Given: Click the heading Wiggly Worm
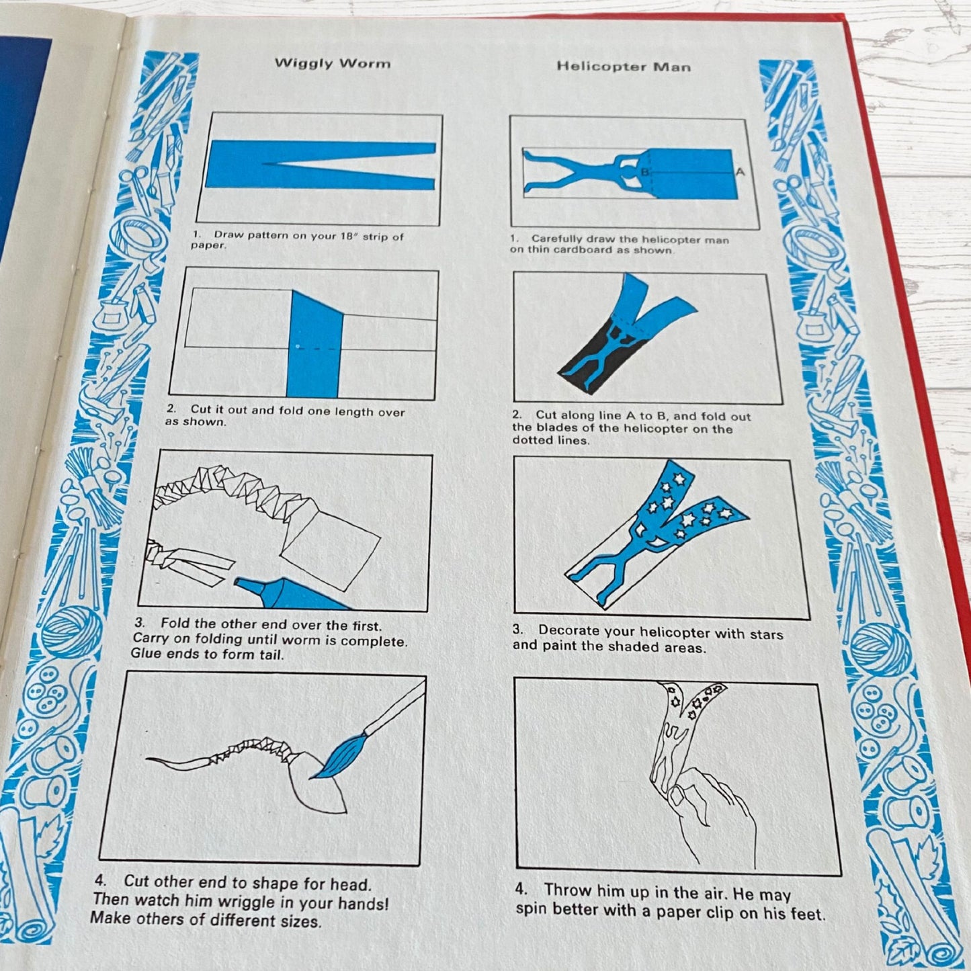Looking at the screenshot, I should point(332,64).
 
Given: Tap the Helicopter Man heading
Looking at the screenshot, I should point(623,67).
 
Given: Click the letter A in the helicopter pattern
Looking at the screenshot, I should point(740,172).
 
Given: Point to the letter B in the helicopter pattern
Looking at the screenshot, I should point(644,173).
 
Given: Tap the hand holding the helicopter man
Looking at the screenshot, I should point(712,816).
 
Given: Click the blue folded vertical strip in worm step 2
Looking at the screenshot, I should point(314,346).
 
